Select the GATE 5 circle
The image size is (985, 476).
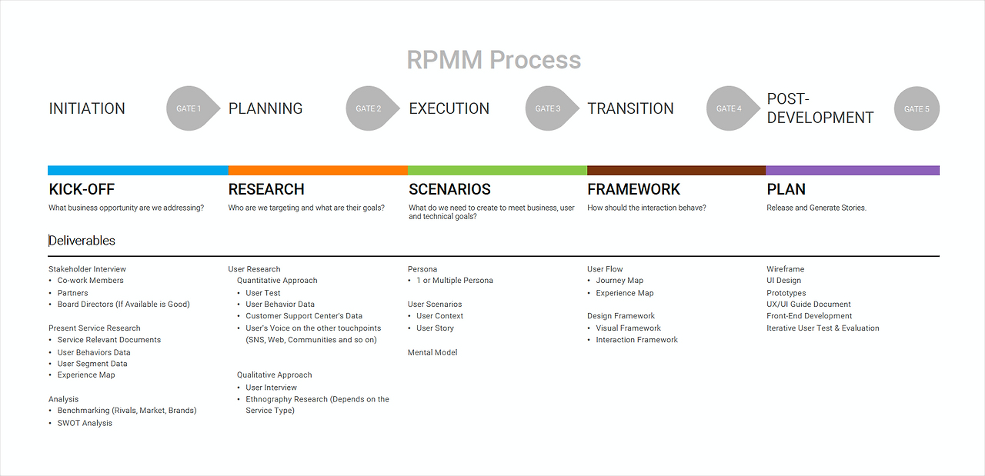click(917, 108)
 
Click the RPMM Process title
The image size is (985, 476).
click(494, 60)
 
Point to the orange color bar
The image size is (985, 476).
click(318, 171)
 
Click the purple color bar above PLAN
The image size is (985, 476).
click(853, 171)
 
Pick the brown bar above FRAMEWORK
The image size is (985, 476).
click(676, 171)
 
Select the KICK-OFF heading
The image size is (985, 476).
click(82, 189)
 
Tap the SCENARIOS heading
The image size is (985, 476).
click(449, 189)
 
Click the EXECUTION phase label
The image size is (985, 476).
click(449, 108)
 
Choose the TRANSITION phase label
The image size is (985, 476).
click(630, 108)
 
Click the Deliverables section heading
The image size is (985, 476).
click(82, 241)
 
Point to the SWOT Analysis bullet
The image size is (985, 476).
click(85, 423)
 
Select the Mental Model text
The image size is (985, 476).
click(432, 352)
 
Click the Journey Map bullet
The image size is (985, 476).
click(619, 281)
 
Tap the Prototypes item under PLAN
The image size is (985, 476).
click(786, 293)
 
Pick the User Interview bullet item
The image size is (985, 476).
click(272, 388)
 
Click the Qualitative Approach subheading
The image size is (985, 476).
click(275, 375)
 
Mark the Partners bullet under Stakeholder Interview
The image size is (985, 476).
click(72, 293)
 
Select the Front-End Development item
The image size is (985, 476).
click(809, 316)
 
